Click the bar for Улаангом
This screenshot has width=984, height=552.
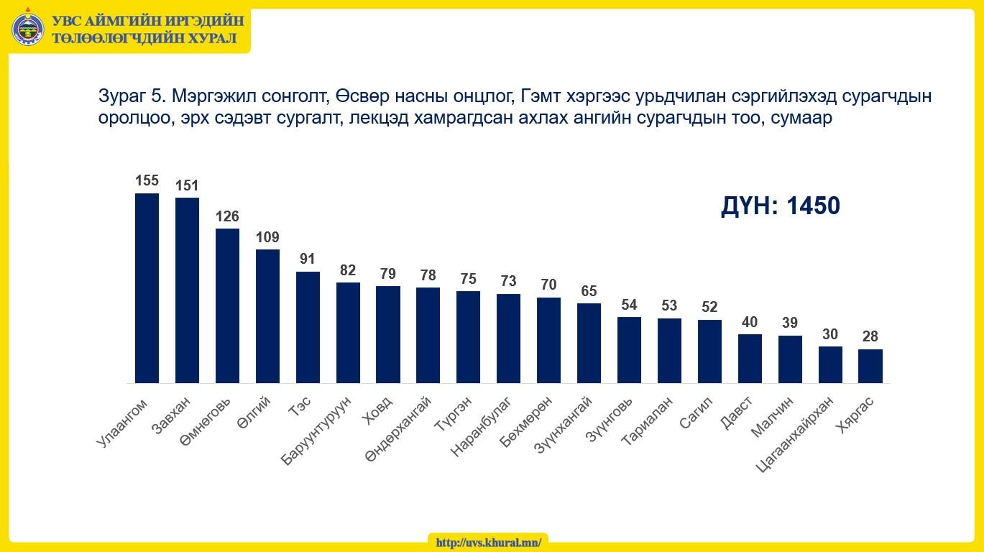[x=147, y=288]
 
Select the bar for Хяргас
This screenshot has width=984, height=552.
[x=870, y=367]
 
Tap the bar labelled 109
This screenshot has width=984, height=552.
[x=267, y=316]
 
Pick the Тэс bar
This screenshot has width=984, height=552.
[x=308, y=328]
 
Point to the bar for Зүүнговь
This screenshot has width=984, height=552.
[x=629, y=350]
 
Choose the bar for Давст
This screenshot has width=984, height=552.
[x=750, y=359]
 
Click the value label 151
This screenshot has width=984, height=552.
[x=187, y=185]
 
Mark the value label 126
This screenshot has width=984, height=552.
[x=227, y=216]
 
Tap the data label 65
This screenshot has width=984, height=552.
[x=589, y=290]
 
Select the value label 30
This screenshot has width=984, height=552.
[x=829, y=334]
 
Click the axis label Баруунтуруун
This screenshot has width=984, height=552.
[x=316, y=431]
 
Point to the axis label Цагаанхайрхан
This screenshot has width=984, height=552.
[x=794, y=435]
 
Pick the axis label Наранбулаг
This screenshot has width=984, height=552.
[x=481, y=426]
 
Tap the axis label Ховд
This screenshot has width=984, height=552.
[x=377, y=410]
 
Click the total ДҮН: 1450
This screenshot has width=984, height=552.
[x=780, y=206]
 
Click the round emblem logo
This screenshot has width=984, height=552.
[x=28, y=29]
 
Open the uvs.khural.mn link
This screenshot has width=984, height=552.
[x=489, y=543]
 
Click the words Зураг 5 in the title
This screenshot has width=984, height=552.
[x=131, y=96]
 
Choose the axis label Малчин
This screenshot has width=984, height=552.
[x=772, y=417]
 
